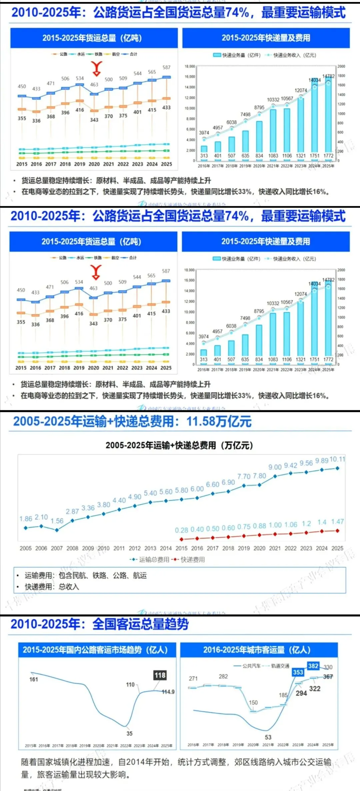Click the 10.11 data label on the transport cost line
337,459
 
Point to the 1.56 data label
57,521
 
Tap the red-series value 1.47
337,522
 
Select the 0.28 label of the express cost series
182,530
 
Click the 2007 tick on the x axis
57,548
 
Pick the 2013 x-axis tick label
150,548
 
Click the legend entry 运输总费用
154,560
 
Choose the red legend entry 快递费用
193,560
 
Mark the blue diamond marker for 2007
57,530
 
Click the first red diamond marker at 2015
181,539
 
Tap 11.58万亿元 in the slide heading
219,422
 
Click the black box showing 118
160,675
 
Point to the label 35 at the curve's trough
129,733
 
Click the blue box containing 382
313,666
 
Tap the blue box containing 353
298,672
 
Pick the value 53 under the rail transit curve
268,737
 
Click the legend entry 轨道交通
280,666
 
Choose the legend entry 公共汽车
251,666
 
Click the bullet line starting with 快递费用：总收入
52,587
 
